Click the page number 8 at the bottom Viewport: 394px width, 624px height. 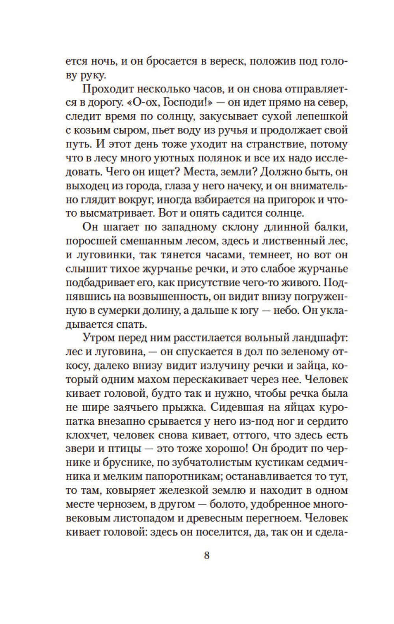coord(207,556)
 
